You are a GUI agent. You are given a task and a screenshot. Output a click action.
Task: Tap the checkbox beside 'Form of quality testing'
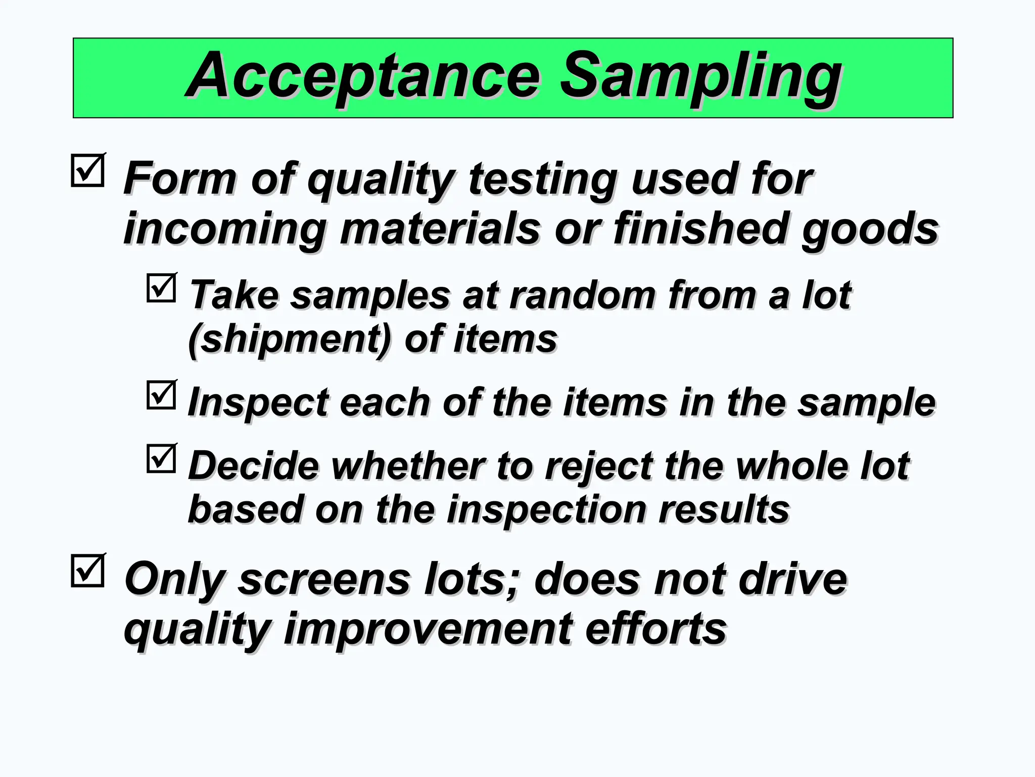88,171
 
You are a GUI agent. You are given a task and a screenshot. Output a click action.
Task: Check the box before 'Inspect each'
161,395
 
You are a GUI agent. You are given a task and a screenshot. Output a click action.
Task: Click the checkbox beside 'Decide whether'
161,458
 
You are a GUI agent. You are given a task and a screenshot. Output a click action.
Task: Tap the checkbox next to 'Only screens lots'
88,571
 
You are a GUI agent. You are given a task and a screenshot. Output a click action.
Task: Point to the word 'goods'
870,229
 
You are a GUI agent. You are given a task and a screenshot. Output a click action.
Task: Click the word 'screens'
324,579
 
